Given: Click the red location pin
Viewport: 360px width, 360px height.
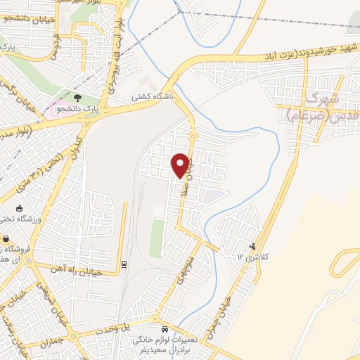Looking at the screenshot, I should pyautogui.click(x=181, y=165).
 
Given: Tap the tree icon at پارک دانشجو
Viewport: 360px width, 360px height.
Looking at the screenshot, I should pyautogui.click(x=77, y=97).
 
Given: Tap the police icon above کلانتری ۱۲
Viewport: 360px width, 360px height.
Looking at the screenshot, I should pyautogui.click(x=252, y=246).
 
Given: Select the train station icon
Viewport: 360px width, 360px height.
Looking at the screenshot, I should pyautogui.click(x=124, y=264).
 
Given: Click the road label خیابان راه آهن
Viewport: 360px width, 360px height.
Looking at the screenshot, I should pyautogui.click(x=77, y=270).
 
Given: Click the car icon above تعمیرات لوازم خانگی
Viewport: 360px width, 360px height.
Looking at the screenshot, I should pyautogui.click(x=165, y=329).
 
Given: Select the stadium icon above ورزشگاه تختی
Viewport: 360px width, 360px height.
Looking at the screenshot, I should pyautogui.click(x=20, y=208).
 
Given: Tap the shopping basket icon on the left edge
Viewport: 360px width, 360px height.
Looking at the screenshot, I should pyautogui.click(x=6, y=238).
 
